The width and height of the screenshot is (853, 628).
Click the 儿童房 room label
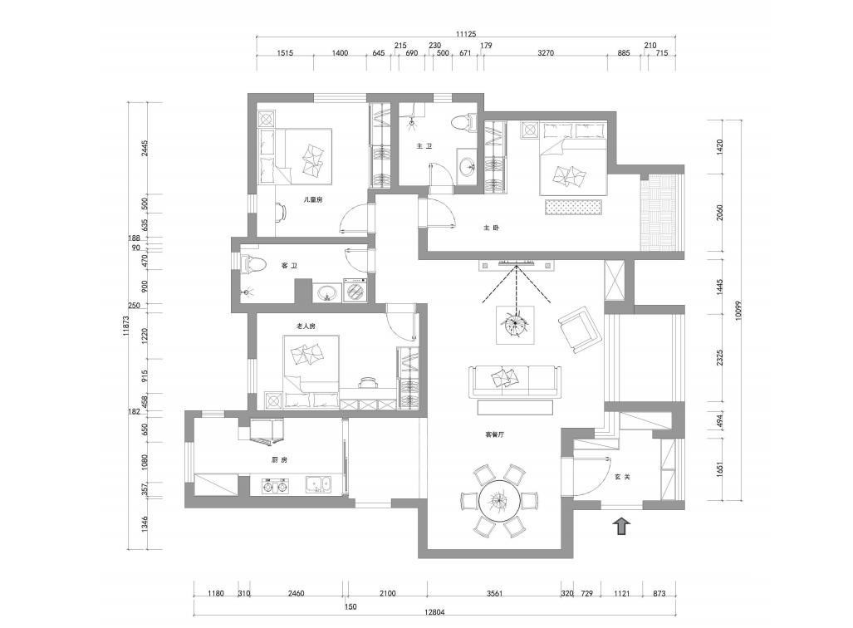point(313,199)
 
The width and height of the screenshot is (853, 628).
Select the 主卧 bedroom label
point(491,228)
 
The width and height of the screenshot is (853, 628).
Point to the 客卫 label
point(289,266)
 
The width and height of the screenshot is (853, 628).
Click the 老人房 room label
point(306,326)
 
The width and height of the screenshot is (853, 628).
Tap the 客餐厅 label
point(494,434)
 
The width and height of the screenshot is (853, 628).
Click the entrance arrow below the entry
point(622,527)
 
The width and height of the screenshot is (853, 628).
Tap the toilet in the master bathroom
point(463,122)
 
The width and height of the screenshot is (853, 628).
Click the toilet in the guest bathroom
point(252,263)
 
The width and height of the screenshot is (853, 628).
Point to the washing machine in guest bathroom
point(355,290)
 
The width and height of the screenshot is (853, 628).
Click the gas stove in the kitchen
point(275,485)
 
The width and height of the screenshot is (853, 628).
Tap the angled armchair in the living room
point(580,329)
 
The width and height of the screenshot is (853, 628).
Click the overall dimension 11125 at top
point(466,34)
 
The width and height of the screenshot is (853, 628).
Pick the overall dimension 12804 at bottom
point(434,611)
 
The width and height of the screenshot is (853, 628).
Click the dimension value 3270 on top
point(546,53)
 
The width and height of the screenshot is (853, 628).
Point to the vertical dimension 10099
point(738,310)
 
